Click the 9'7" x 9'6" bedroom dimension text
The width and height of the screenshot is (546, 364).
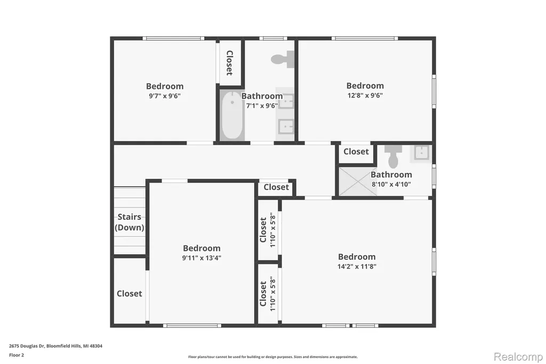coord(165,96)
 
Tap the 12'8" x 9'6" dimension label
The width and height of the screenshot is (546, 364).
coord(365,95)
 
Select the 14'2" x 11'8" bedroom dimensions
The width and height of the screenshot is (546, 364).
coord(357,266)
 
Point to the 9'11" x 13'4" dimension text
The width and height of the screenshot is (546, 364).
coord(202,258)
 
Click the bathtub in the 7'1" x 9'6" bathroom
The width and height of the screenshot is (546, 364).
coord(232,115)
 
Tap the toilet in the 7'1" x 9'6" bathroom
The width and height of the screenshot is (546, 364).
coord(283,59)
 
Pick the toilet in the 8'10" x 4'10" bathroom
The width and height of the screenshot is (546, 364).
coord(393,156)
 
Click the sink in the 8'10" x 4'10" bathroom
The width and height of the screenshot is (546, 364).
coord(421,153)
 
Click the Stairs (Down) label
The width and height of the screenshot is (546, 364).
coord(129,222)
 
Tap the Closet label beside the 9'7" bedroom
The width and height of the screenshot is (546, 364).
coord(229,63)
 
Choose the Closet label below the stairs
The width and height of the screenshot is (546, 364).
coord(129,294)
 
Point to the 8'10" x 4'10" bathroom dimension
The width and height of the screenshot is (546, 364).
coord(391,184)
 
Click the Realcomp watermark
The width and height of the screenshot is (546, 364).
coord(518,357)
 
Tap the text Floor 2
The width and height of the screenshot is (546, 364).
coord(17,355)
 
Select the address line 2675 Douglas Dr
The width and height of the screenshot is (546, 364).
coord(55,346)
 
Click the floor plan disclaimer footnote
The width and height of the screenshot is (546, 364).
coord(273,357)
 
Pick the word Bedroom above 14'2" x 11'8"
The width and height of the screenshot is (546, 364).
coord(357,257)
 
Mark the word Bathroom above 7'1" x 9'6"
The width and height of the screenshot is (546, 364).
coord(262,96)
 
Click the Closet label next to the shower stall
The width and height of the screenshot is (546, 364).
coord(356,152)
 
